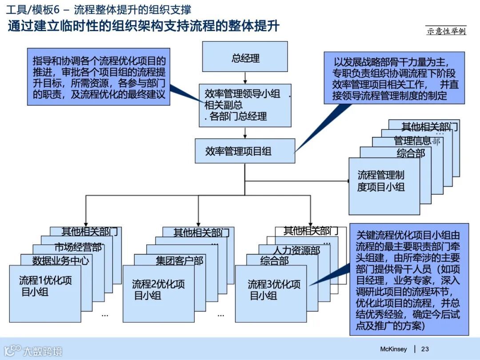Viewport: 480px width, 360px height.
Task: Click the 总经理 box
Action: [245, 57]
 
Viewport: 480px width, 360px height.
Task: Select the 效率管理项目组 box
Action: [245, 151]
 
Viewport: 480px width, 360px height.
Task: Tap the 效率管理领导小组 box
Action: [245, 105]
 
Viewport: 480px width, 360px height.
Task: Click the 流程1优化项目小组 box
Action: [45, 293]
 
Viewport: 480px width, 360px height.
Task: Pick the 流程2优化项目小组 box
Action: [158, 293]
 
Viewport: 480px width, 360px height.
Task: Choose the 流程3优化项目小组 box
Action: [271, 293]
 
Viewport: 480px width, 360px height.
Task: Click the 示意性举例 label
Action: [446, 31]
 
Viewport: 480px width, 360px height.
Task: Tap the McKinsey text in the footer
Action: [393, 349]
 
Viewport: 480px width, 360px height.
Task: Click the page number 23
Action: [425, 349]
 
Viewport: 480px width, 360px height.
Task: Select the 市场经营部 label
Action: [78, 247]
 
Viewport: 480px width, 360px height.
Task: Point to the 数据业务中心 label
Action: [60, 260]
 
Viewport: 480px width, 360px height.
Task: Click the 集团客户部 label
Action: [180, 260]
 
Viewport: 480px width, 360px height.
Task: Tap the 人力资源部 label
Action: [296, 251]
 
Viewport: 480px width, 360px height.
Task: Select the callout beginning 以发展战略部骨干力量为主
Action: [394, 78]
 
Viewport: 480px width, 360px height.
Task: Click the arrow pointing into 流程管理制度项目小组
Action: [347, 181]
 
